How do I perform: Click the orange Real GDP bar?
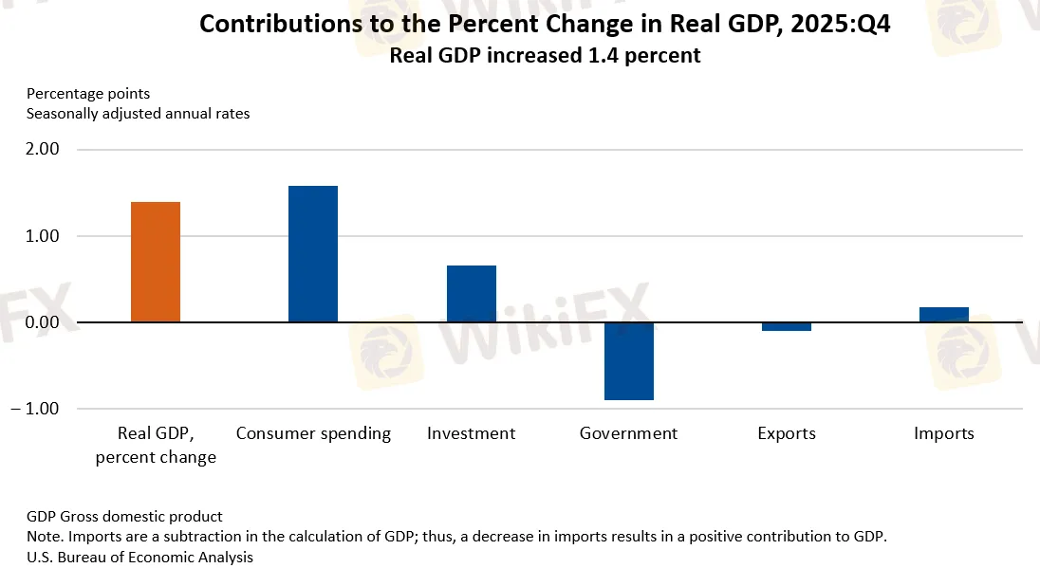(x=155, y=262)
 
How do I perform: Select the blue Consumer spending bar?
(x=313, y=253)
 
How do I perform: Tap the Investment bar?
(x=472, y=293)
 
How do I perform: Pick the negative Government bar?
(x=629, y=361)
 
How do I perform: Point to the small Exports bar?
(x=787, y=326)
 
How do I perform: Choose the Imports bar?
(x=944, y=315)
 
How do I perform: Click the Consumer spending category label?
(x=313, y=433)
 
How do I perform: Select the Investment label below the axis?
(x=472, y=433)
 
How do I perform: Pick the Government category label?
(x=629, y=433)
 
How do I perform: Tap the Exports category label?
(x=787, y=433)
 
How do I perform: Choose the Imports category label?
(x=944, y=433)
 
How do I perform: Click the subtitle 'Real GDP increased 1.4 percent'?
(x=545, y=56)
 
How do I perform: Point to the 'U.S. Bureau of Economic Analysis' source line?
(x=139, y=557)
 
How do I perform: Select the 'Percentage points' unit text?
(x=88, y=94)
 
